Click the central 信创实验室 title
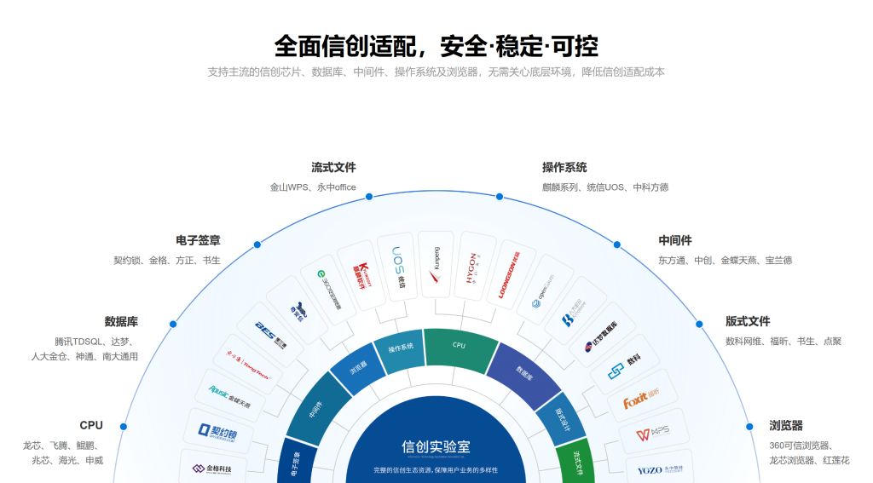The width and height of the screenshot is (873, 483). point(436,446)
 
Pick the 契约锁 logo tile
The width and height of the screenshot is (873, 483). point(217,431)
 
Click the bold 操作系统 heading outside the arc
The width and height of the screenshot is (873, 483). point(564,167)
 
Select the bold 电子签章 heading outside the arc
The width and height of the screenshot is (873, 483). point(198,240)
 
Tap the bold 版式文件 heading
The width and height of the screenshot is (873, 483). point(748,321)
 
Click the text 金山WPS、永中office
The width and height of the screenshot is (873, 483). point(313,187)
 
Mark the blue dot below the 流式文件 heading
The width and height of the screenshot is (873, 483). point(369,197)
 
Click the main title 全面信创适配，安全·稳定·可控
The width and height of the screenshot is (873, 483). point(436,44)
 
